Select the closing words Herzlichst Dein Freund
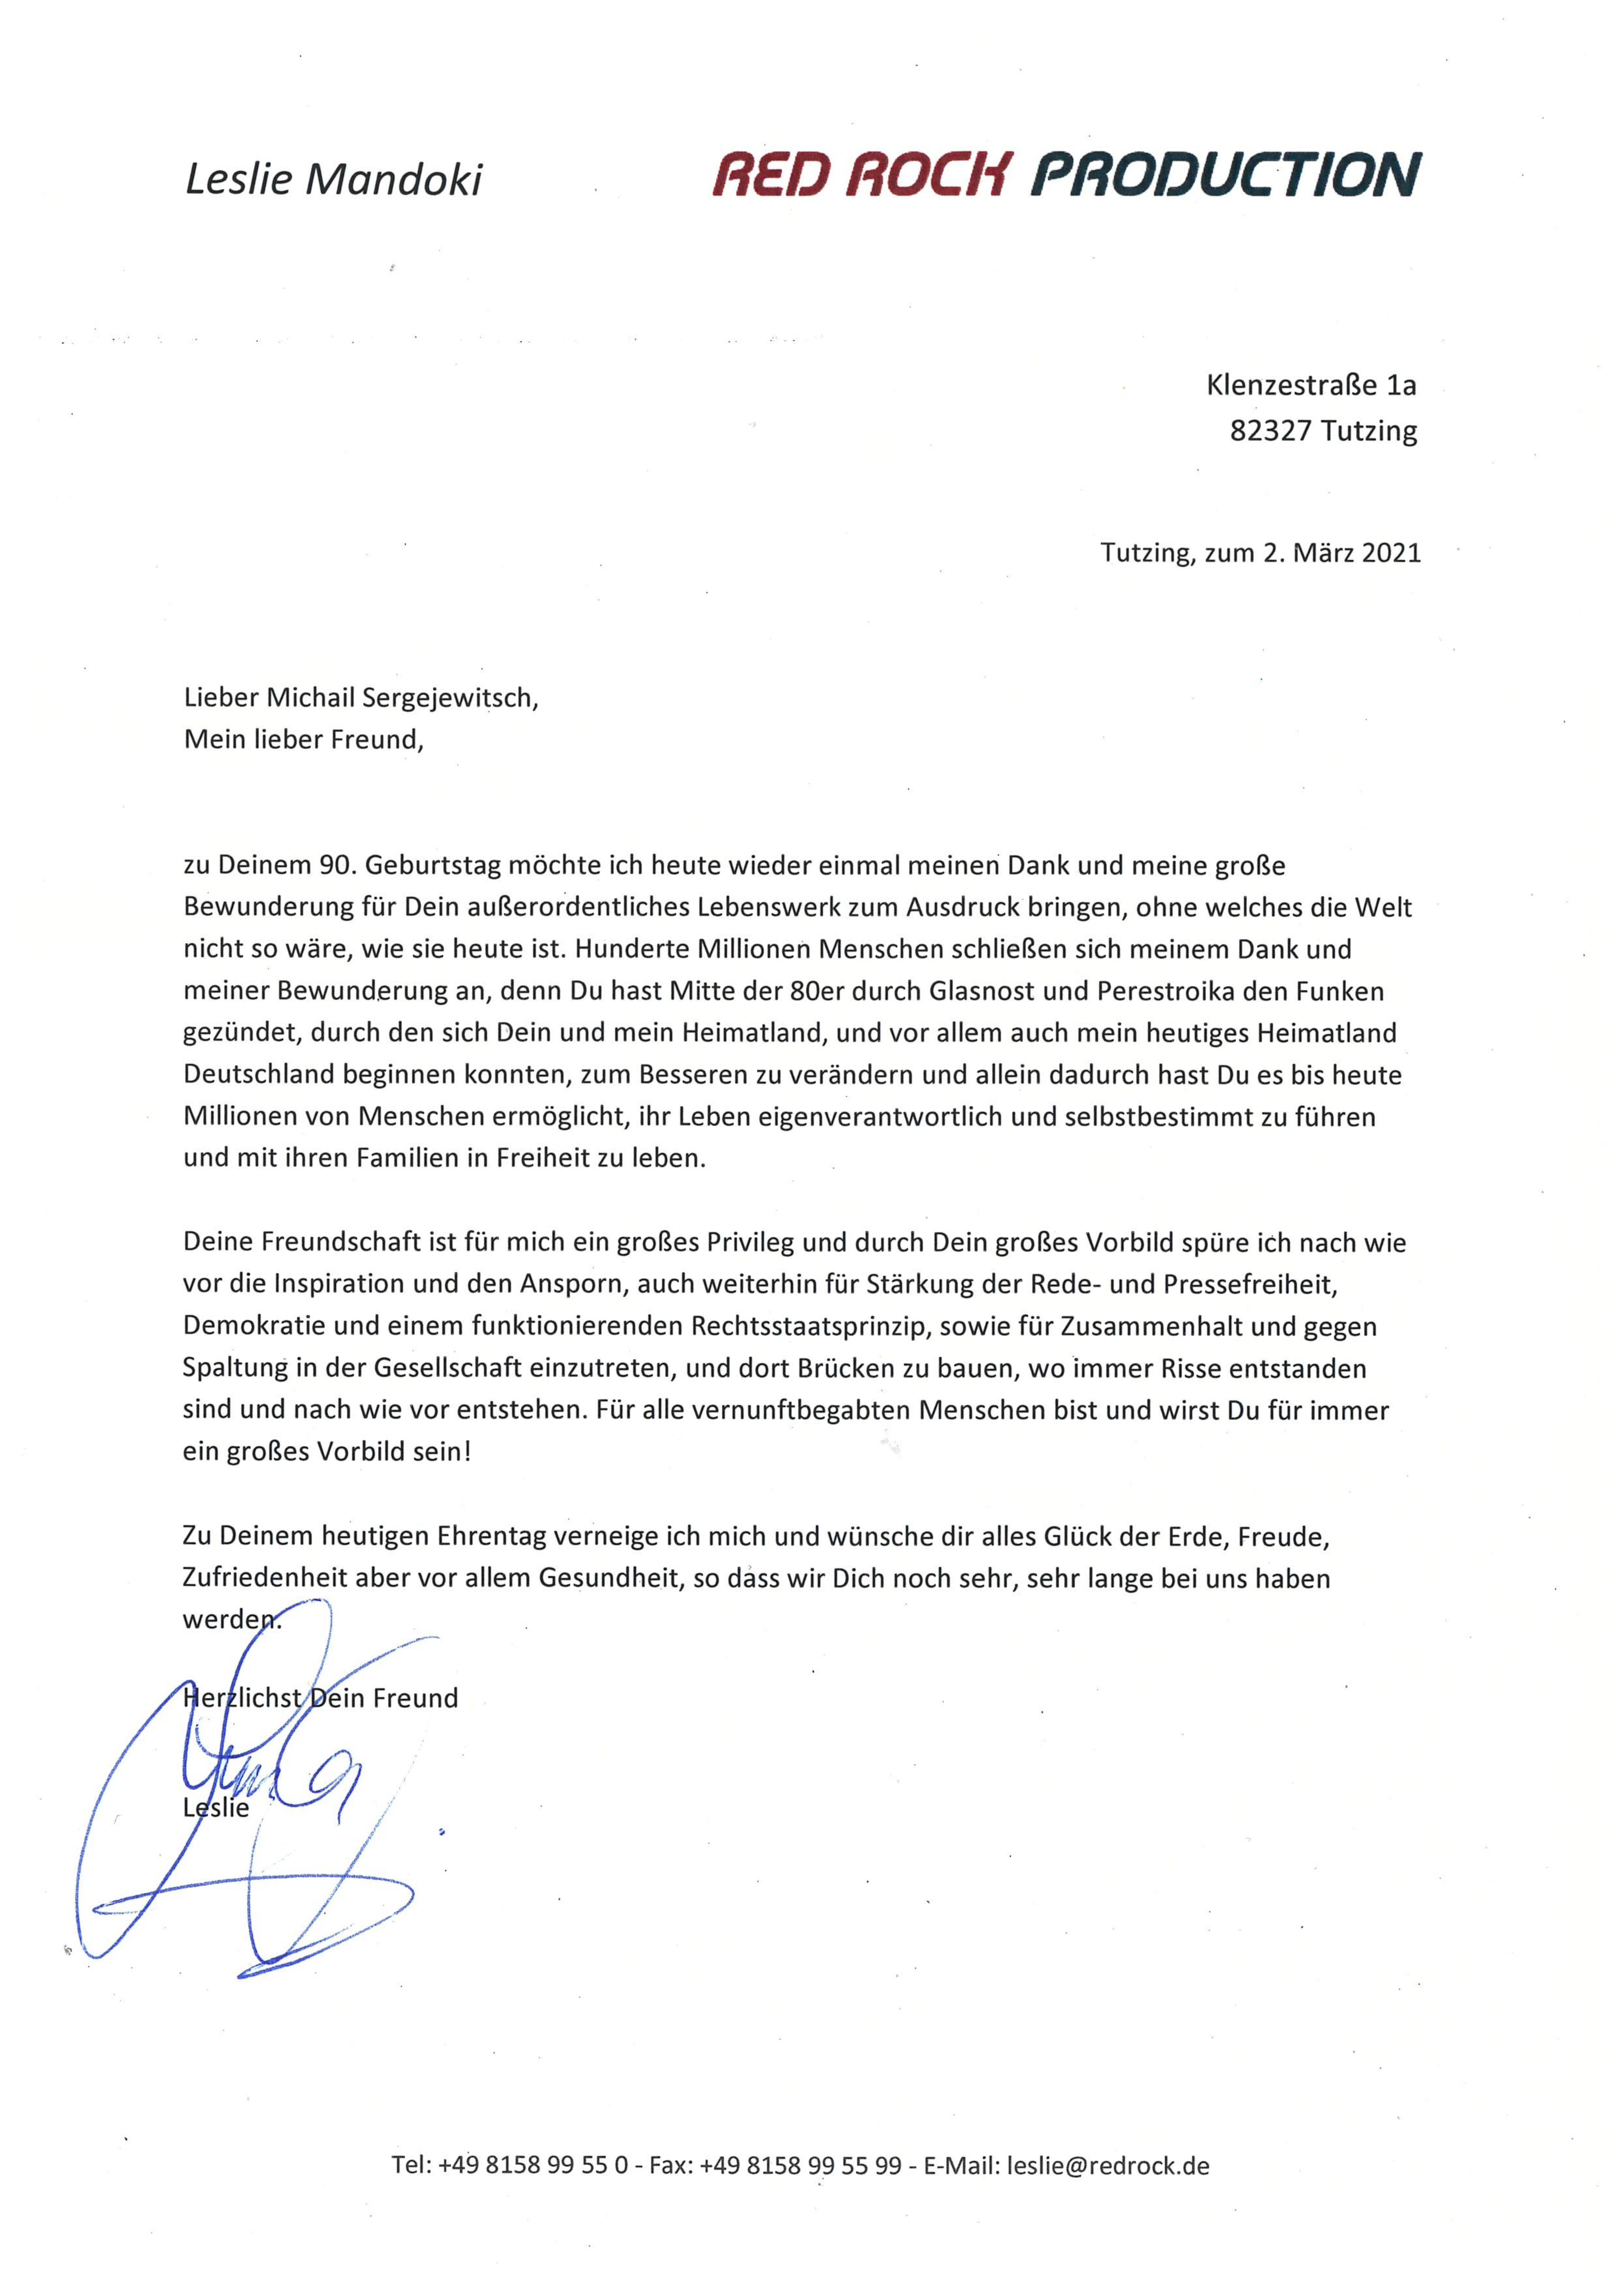tap(321, 1698)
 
